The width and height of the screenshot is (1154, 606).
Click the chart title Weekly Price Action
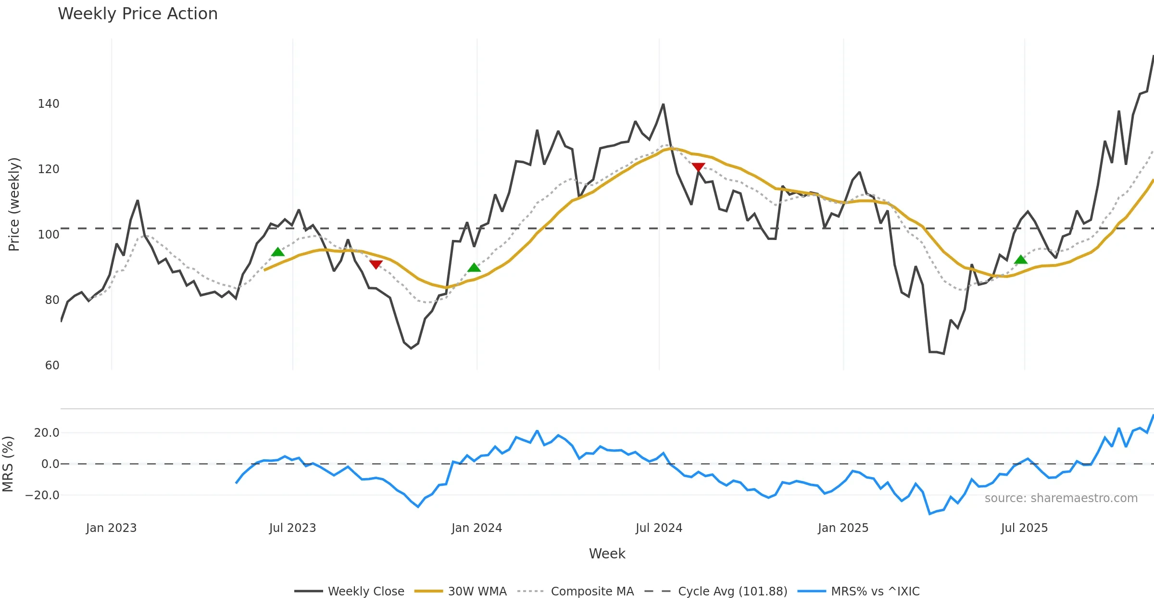tap(138, 14)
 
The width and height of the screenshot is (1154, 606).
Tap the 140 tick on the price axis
tap(49, 104)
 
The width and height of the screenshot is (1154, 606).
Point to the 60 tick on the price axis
tap(52, 366)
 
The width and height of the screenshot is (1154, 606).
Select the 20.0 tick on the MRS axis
tap(47, 433)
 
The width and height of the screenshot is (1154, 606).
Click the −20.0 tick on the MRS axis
tap(43, 495)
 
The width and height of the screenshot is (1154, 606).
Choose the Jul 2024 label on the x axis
tap(659, 528)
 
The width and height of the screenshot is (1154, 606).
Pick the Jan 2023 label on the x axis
tap(111, 528)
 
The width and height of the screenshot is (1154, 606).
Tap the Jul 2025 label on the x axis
tap(1024, 528)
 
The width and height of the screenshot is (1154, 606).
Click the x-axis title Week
tap(607, 554)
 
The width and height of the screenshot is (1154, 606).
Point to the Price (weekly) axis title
tap(14, 204)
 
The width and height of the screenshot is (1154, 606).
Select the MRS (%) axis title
tap(8, 464)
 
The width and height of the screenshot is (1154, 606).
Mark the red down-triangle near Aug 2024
tap(698, 167)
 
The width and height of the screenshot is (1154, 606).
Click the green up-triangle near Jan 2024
tap(474, 267)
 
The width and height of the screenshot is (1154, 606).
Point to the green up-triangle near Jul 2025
tap(1021, 260)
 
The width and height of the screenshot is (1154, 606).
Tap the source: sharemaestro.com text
tap(1061, 498)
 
